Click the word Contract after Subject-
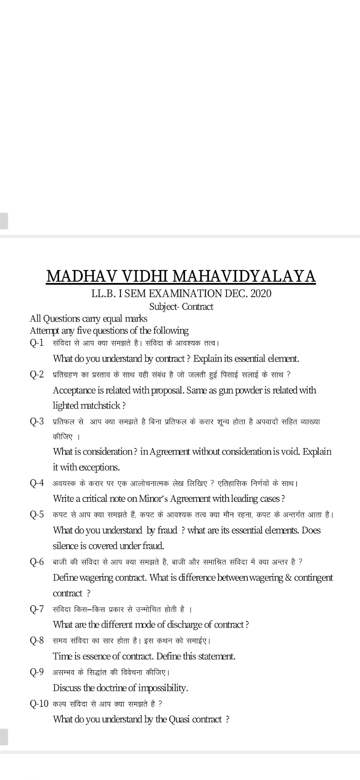[198, 307]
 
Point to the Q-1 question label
[37, 343]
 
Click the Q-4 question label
[37, 483]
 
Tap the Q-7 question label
[37, 609]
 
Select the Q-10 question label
[39, 703]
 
